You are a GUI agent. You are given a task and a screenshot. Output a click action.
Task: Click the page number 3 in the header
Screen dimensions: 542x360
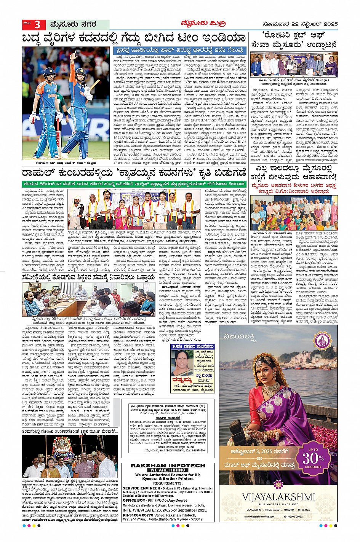click(37, 25)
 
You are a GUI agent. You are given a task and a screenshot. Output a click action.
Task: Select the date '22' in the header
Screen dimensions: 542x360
click(294, 24)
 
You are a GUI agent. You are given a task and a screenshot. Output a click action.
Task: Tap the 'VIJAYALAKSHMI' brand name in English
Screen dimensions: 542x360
click(278, 496)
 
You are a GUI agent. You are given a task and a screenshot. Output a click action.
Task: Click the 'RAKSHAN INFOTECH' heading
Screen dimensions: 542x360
click(168, 465)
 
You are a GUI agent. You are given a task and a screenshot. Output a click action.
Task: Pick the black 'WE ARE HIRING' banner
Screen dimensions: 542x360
click(168, 470)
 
